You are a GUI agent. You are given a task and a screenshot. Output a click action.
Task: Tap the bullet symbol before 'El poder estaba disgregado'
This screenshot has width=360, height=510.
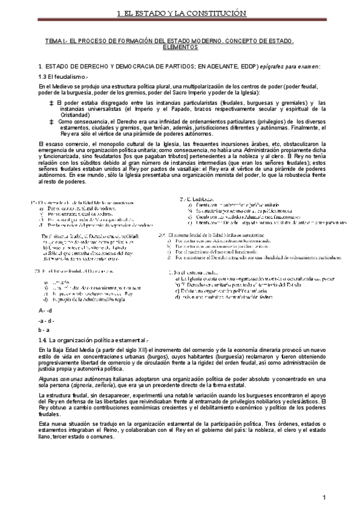[x=52, y=103]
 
